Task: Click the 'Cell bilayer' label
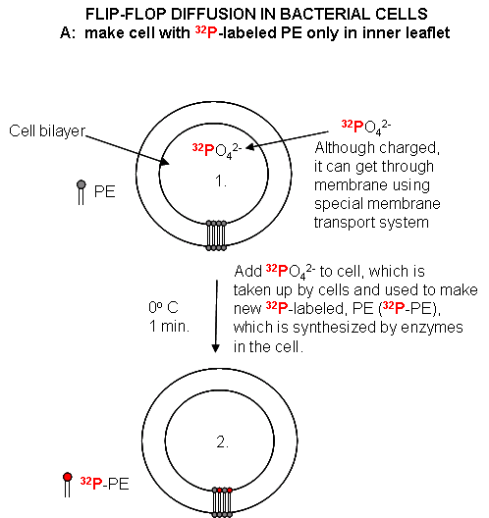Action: point(47,131)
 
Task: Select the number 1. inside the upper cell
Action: point(221,181)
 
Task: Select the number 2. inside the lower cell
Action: point(223,441)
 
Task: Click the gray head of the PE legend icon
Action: point(81,184)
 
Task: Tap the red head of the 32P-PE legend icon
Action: point(68,477)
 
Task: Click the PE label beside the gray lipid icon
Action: point(105,192)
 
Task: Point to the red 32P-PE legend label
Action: point(104,484)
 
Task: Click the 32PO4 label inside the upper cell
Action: point(217,151)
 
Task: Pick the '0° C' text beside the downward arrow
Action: point(163,308)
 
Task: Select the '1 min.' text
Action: point(169,327)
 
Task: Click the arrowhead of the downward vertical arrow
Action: point(216,348)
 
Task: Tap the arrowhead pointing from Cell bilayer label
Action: point(165,162)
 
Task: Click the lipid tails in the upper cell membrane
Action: point(216,235)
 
